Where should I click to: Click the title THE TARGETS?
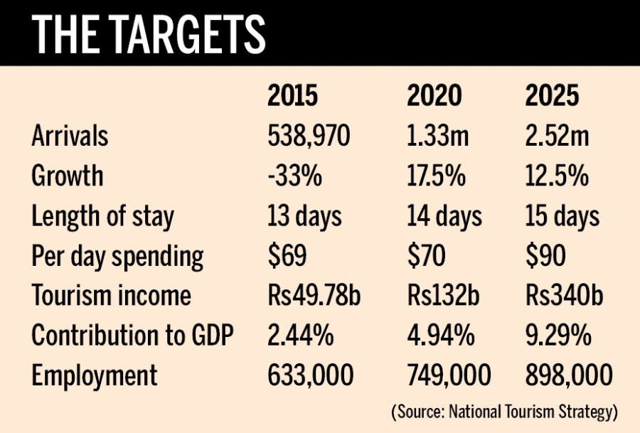[149, 33]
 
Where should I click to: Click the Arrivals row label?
[70, 136]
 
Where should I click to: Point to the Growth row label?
[67, 175]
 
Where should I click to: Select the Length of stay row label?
[102, 215]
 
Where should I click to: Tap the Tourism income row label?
[111, 295]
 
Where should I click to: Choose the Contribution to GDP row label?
[132, 335]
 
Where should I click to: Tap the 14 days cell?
[444, 215]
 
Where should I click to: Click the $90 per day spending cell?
[544, 255]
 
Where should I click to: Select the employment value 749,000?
[449, 375]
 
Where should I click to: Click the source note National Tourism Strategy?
[504, 412]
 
